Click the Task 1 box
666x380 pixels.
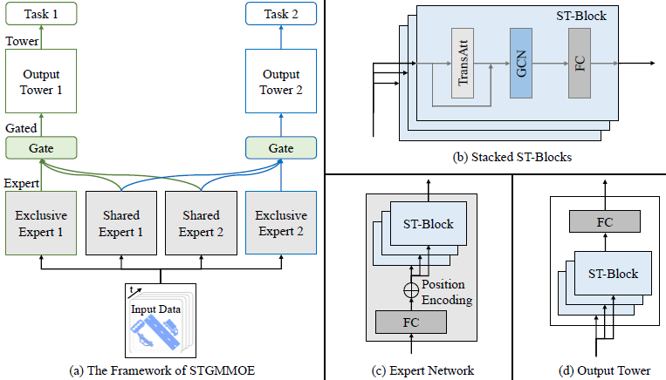41,14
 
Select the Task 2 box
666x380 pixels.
281,14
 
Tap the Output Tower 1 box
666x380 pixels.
41,81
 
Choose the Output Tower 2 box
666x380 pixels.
281,81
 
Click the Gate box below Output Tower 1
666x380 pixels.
41,148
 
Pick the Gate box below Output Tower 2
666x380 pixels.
281,148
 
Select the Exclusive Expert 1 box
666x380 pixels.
41,223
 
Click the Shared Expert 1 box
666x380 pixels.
121,223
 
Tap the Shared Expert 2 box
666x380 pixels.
202,223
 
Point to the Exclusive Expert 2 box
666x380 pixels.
281,222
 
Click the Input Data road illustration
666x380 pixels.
156,333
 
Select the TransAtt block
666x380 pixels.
463,64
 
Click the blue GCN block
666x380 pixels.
521,64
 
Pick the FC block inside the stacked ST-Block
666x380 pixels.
580,64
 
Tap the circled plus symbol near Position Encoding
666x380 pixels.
411,290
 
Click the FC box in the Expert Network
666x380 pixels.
411,322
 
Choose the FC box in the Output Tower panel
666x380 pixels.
605,221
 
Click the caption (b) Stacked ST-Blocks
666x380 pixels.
512,158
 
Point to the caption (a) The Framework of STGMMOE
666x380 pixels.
161,370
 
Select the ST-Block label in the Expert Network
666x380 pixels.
428,224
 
